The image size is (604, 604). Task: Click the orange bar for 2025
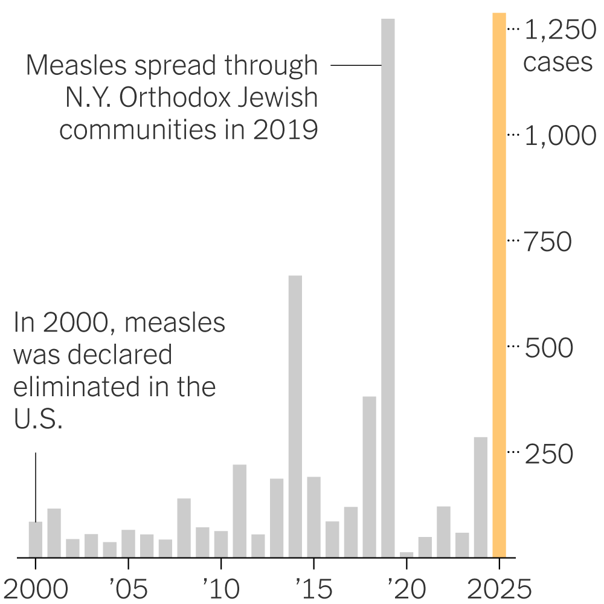[500, 284]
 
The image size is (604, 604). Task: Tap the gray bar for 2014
[295, 416]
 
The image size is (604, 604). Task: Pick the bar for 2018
[370, 477]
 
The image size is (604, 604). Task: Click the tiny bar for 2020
[406, 554]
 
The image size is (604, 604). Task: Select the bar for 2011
[240, 510]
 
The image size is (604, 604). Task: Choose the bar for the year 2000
[36, 539]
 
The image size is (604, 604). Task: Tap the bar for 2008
[184, 527]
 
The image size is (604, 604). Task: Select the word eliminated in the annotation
[79, 387]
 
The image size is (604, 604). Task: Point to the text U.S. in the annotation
[38, 420]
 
